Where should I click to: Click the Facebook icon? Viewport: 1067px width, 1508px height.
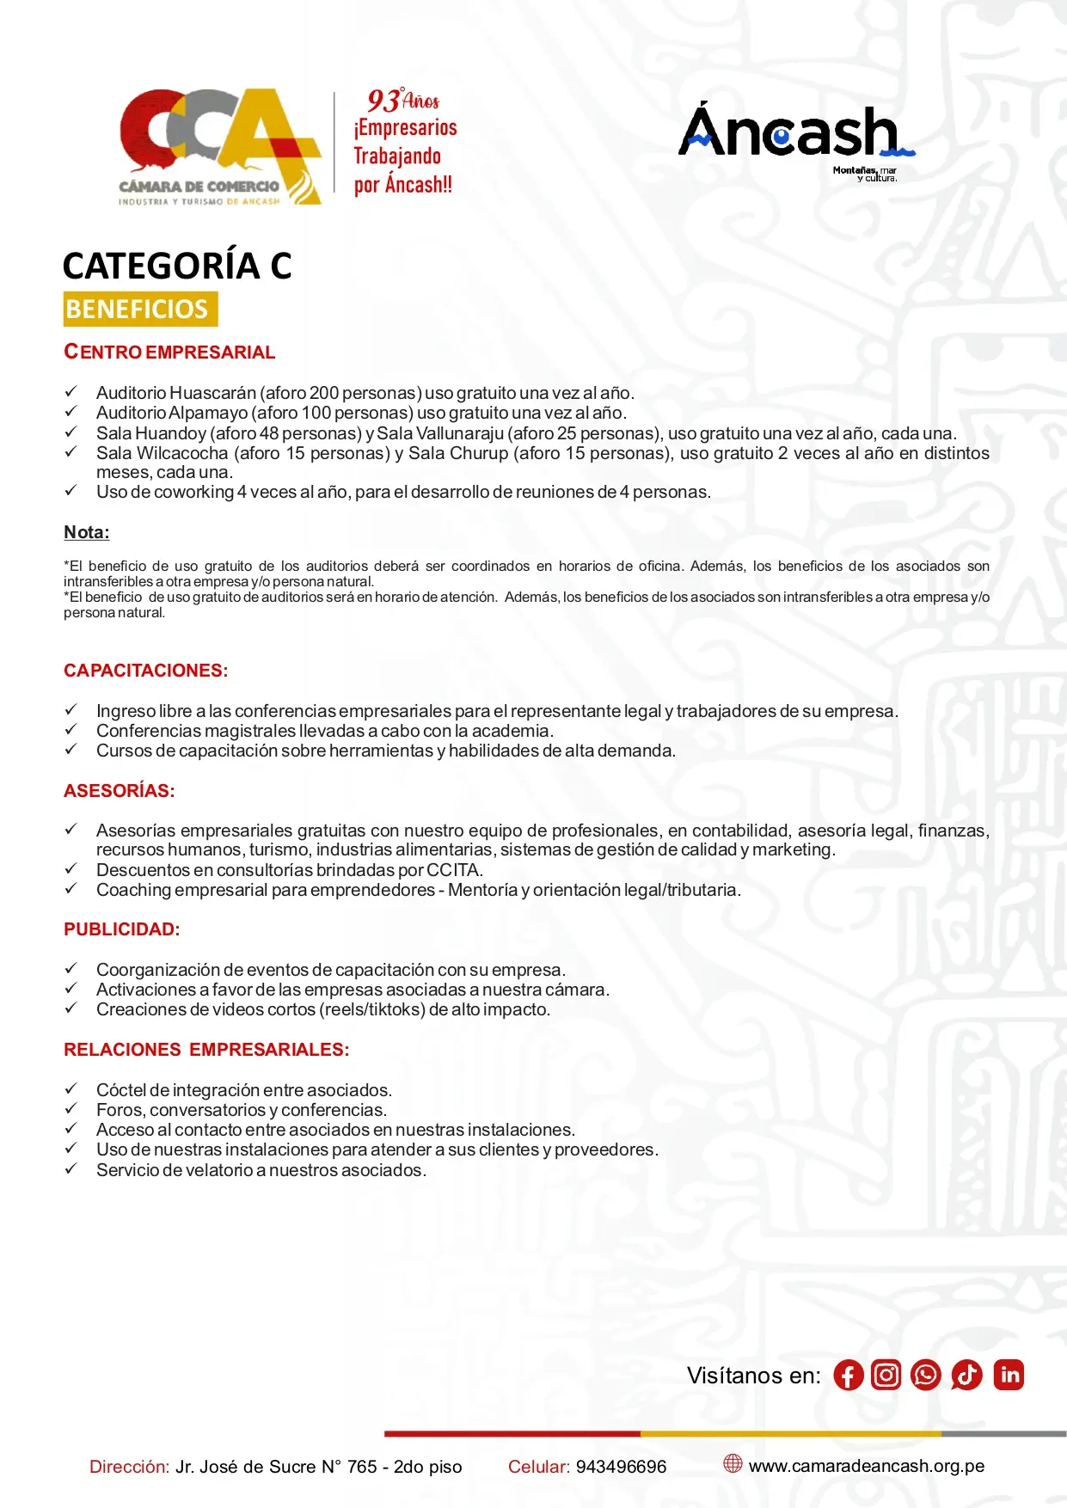(848, 1376)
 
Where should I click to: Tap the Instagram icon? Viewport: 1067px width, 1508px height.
(886, 1375)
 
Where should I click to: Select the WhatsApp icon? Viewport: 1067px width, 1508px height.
(926, 1375)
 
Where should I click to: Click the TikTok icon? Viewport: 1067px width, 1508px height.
(966, 1375)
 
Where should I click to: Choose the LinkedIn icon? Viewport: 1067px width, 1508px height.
(1009, 1375)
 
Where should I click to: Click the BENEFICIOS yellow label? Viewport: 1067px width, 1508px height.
(140, 310)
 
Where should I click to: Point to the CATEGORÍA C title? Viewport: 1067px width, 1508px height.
(177, 266)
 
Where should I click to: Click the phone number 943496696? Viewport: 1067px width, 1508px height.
(621, 1467)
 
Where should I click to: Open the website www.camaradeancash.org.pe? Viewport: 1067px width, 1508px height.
(866, 1466)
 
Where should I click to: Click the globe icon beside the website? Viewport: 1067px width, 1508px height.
(733, 1463)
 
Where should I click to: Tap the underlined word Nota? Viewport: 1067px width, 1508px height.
(87, 532)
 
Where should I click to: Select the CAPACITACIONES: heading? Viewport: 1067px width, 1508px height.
(146, 671)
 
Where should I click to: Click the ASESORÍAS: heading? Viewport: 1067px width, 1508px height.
(120, 791)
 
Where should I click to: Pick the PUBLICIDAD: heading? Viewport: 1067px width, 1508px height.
(122, 929)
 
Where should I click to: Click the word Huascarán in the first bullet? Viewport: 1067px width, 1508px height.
(212, 393)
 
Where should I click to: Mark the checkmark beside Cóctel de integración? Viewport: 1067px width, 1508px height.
(71, 1088)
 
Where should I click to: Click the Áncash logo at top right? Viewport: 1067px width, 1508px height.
(795, 138)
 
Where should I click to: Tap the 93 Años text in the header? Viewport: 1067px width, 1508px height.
(403, 101)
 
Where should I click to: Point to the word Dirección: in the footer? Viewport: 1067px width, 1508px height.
(129, 1467)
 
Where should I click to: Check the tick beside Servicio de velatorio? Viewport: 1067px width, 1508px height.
(71, 1168)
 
